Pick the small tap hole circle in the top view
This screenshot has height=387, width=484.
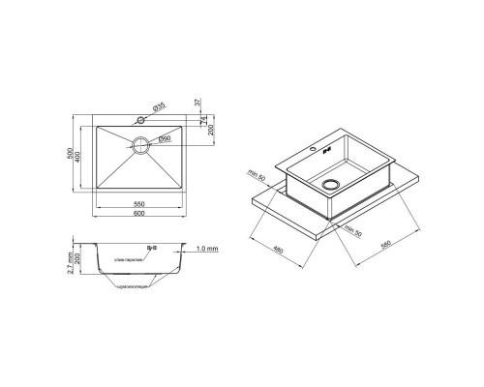pyautogui.click(x=141, y=122)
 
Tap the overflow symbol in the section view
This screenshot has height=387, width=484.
pyautogui.click(x=150, y=250)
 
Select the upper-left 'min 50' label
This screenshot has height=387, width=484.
pyautogui.click(x=256, y=175)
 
